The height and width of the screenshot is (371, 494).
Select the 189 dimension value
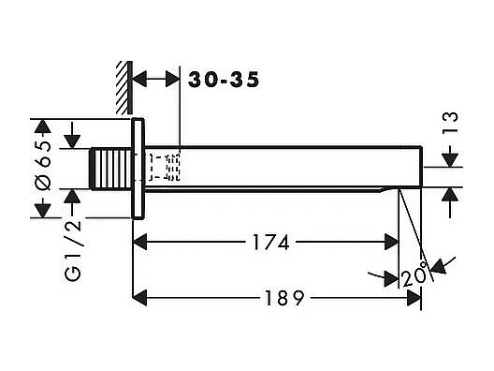coord(280,299)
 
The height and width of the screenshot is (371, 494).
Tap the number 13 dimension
coord(451,123)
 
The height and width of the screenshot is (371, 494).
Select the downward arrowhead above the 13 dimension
coord(450,161)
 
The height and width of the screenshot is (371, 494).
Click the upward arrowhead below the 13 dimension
coord(450,193)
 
